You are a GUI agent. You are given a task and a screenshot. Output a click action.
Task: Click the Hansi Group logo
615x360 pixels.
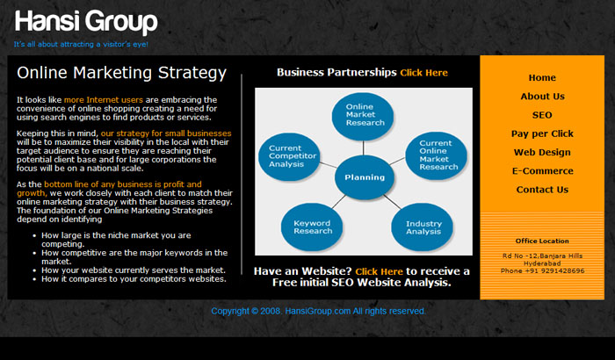[x=86, y=22]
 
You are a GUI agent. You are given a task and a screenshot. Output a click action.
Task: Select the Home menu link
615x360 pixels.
[x=542, y=77]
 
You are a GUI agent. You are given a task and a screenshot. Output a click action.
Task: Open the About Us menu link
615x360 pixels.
[x=542, y=97]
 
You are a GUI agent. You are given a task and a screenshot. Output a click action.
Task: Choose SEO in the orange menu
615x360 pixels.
[x=542, y=115]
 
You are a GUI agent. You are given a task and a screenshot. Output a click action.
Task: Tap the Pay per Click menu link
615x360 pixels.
[x=542, y=133]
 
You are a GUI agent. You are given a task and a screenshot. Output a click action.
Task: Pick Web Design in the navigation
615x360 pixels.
[x=542, y=153]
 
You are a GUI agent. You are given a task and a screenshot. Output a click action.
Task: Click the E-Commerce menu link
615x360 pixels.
[x=542, y=171]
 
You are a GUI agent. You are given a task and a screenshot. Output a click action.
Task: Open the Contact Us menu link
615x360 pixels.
[x=542, y=190]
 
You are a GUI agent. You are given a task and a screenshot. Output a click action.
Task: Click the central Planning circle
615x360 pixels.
[x=365, y=177]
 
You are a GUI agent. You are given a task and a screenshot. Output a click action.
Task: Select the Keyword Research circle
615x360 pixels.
[x=312, y=227]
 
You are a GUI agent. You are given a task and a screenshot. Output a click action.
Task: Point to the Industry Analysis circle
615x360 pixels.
[x=423, y=227]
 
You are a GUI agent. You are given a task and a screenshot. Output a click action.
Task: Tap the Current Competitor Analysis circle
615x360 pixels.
[x=289, y=157]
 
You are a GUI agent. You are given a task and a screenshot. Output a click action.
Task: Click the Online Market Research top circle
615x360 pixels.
[x=363, y=116]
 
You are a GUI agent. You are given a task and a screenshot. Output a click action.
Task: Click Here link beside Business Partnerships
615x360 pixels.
[x=424, y=73]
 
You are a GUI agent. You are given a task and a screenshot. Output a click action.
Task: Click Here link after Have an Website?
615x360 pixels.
[x=379, y=271]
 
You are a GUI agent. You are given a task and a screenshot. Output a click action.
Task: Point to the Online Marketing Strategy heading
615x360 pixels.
[x=121, y=73]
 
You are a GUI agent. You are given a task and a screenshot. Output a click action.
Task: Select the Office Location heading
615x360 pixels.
[x=542, y=241]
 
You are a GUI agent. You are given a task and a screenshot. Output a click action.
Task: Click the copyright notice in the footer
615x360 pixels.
[x=318, y=311]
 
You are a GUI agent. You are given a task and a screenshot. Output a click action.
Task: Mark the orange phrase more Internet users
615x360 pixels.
[x=104, y=99]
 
